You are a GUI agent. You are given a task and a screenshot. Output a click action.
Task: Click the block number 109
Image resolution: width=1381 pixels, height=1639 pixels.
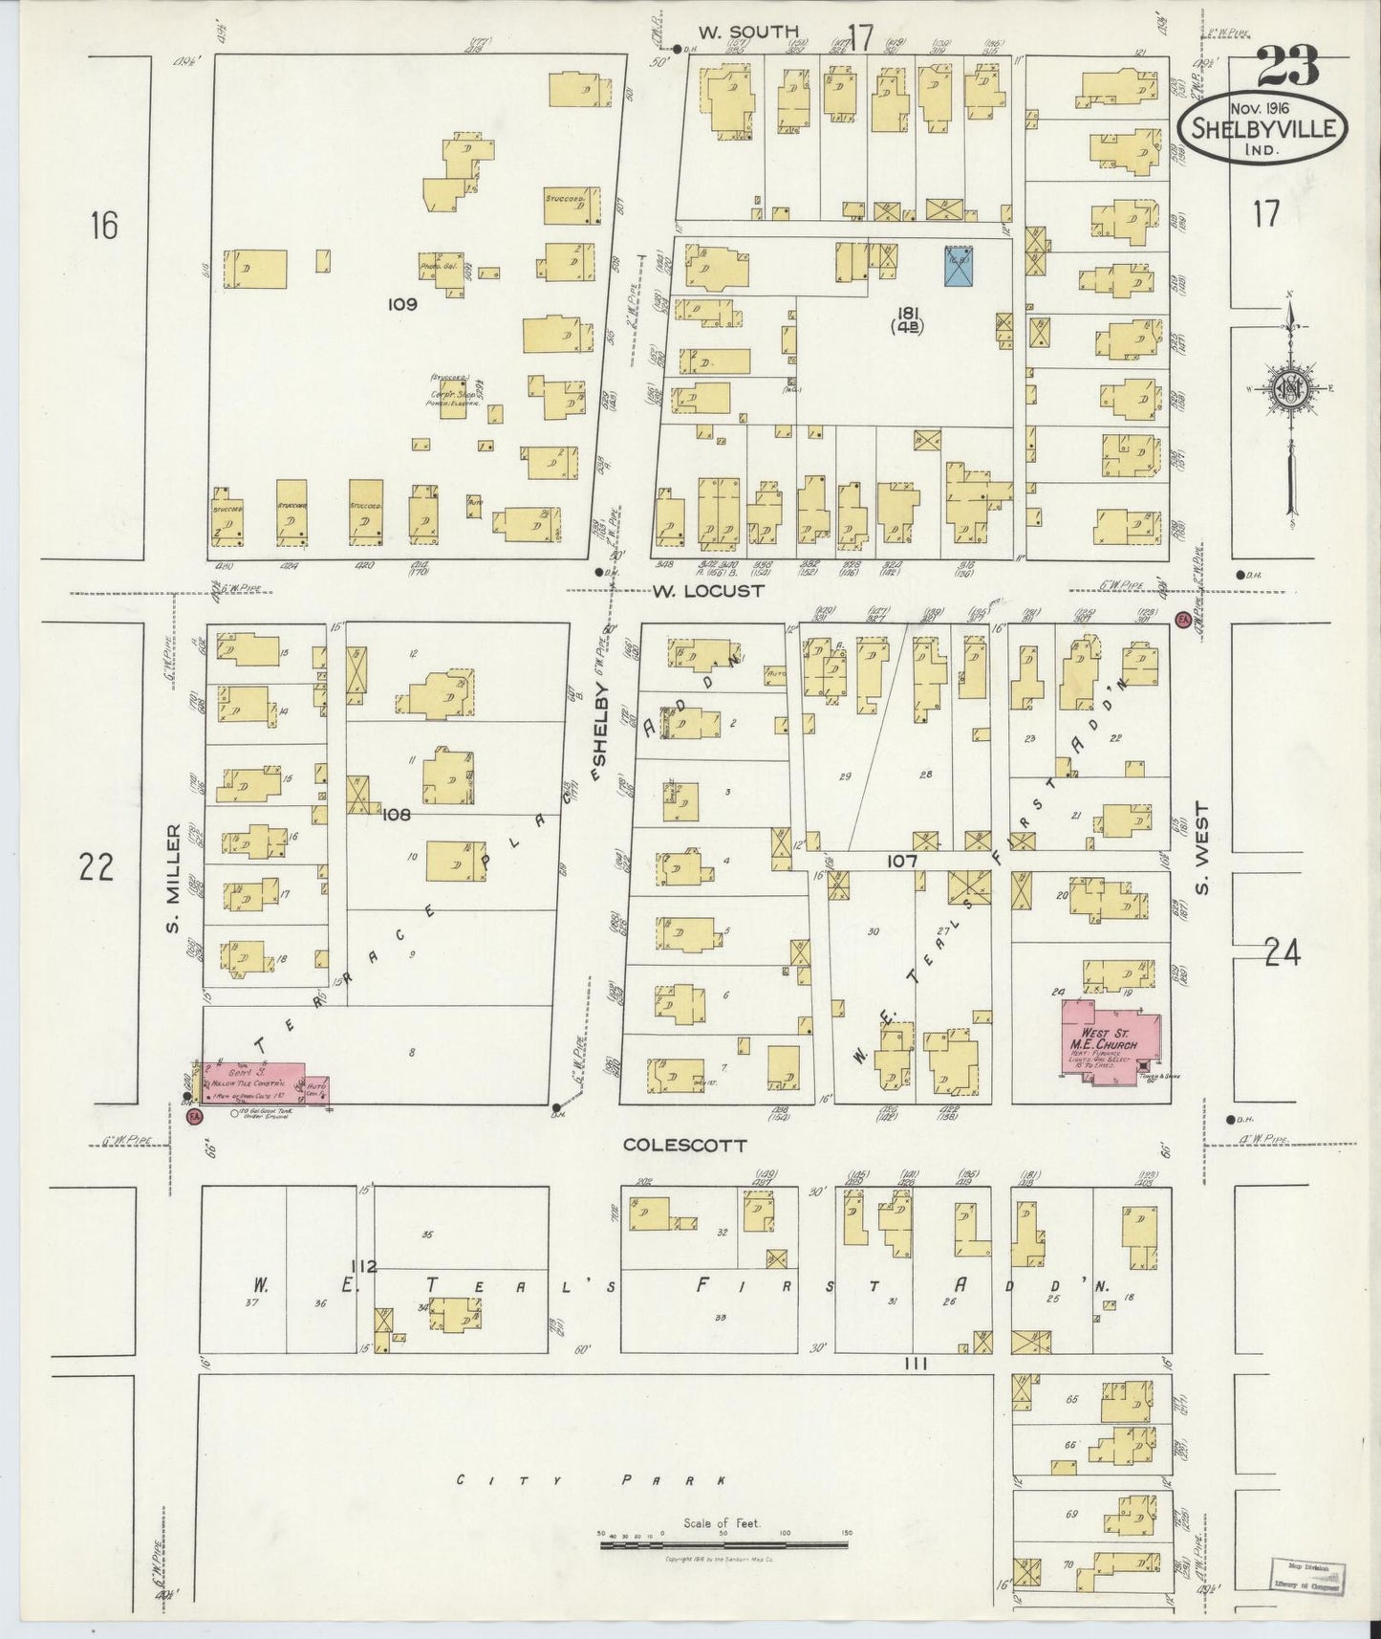(402, 305)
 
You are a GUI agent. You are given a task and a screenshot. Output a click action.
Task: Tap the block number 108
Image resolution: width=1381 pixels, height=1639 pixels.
(396, 815)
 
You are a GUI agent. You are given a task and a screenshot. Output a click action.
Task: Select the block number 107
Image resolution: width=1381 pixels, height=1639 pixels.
(900, 861)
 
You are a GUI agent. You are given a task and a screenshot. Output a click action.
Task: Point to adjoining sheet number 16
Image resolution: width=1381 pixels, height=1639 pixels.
(103, 227)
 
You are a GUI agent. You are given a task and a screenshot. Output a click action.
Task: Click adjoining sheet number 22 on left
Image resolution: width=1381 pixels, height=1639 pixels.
(97, 867)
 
